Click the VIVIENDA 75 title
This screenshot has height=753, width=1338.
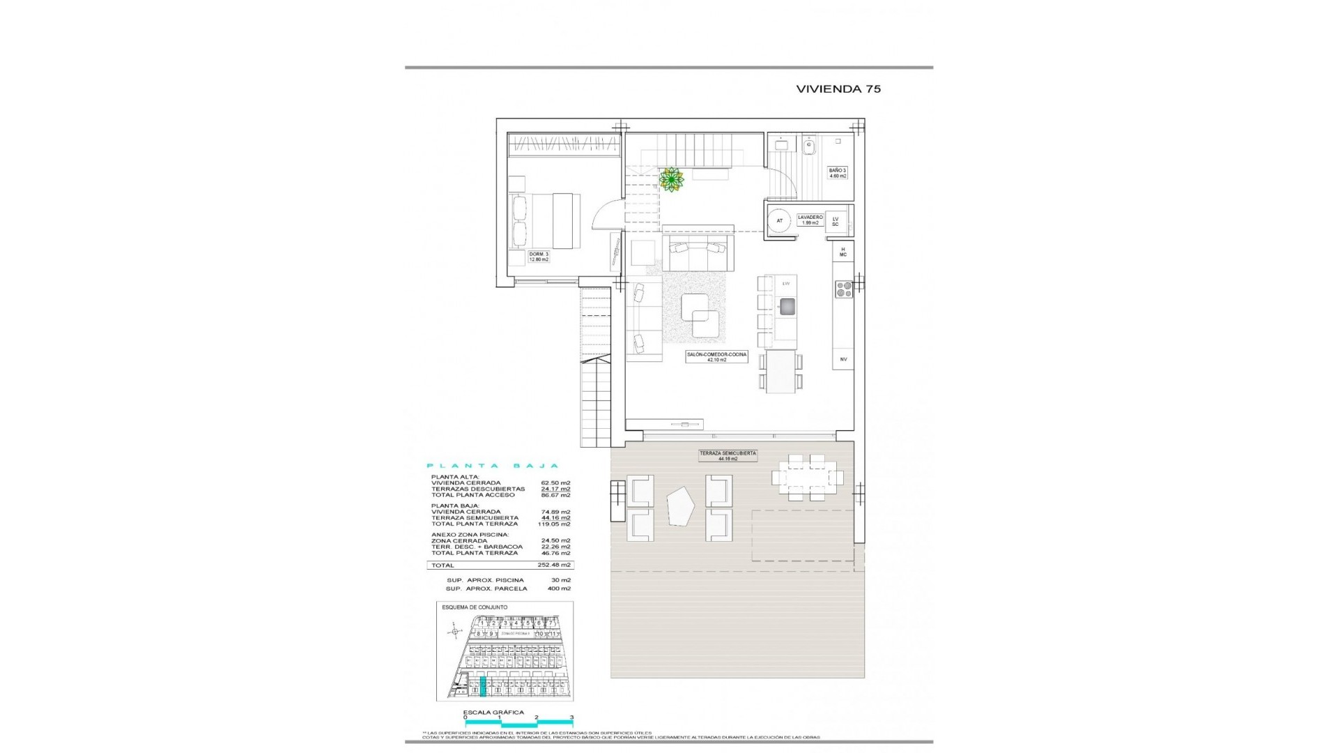838,89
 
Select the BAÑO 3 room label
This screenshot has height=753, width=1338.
837,173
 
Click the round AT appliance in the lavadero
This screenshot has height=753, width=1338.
780,221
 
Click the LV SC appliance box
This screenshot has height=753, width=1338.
835,221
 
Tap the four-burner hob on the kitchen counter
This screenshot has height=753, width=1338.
843,289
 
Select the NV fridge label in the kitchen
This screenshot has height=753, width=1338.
843,359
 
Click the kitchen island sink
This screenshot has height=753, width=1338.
787,306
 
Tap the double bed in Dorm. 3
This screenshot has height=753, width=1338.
546,221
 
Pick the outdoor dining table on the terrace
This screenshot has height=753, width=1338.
808,478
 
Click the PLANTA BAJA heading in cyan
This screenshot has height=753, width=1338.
492,466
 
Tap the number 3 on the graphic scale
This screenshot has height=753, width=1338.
571,736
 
